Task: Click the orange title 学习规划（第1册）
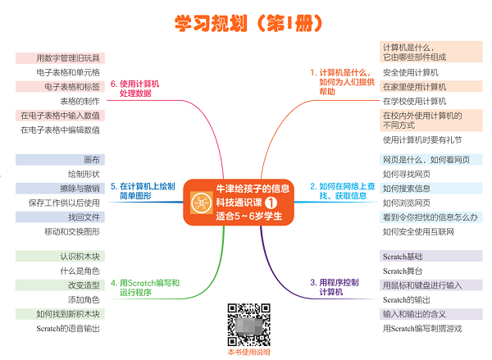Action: click(x=248, y=23)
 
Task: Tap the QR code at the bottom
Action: click(x=248, y=325)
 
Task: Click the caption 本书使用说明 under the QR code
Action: click(x=248, y=352)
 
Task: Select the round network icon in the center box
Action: click(x=202, y=203)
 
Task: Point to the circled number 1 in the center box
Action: click(x=271, y=203)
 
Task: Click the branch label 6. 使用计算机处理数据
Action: click(x=135, y=89)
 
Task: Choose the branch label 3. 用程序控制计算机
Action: click(x=335, y=287)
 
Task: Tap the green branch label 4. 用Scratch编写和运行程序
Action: click(x=145, y=288)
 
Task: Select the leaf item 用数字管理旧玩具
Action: click(x=68, y=58)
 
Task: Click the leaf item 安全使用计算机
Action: click(x=411, y=72)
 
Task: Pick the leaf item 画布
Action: click(x=92, y=160)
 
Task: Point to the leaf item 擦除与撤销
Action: click(x=80, y=189)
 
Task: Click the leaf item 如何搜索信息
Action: click(x=407, y=189)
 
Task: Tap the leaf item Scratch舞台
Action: click(x=403, y=271)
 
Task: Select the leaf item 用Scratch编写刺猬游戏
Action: click(x=422, y=329)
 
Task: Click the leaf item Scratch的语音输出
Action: click(x=68, y=329)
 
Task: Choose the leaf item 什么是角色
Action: click(x=80, y=271)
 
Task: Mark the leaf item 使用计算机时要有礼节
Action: click(x=422, y=140)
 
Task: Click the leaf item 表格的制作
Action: click(x=80, y=101)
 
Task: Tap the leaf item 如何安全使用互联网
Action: click(x=418, y=231)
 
